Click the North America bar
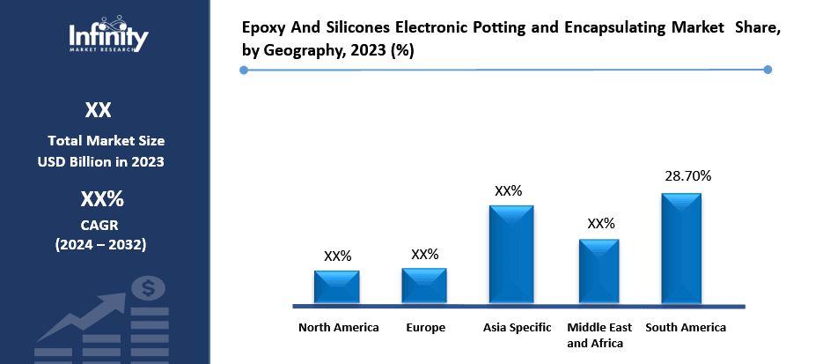337,287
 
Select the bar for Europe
424,286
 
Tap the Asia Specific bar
511,255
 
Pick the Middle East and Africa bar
599,271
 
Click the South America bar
681,249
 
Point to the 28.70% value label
687,176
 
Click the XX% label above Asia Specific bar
509,190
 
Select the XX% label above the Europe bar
424,254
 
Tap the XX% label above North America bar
337,256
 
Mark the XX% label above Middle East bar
600,224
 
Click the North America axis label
338,328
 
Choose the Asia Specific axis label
517,328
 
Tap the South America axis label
686,328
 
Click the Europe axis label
425,328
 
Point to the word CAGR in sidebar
99,225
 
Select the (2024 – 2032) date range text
99,244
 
